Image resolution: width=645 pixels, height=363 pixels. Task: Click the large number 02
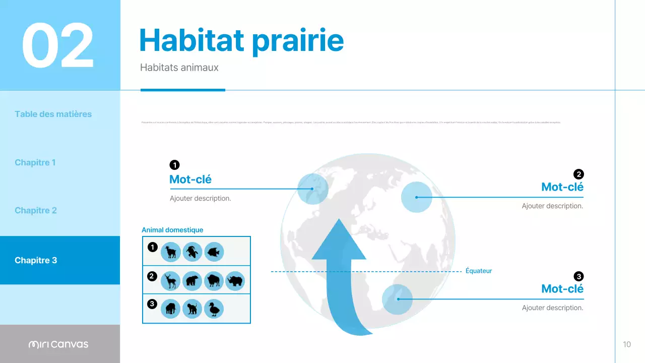(58, 45)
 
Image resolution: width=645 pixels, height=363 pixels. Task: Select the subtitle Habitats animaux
(179, 67)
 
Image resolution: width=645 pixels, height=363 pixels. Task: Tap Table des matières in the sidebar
(53, 114)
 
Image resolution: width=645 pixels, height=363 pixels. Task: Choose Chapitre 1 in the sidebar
(35, 162)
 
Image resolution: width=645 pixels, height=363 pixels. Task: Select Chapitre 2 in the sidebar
(36, 210)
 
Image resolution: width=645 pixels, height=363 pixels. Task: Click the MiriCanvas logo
(58, 344)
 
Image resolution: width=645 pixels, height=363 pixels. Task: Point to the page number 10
(627, 344)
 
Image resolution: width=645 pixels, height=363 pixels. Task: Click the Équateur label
(478, 271)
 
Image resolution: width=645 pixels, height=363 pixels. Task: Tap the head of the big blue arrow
(339, 242)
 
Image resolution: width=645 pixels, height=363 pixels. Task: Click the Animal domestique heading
(172, 230)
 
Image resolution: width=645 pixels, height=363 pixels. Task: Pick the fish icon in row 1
(214, 252)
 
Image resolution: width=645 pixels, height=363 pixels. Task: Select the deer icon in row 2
(170, 281)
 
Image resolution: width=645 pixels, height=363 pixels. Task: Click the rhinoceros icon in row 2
(235, 281)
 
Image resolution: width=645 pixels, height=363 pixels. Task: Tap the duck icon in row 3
(214, 309)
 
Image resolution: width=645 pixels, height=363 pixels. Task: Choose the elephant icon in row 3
(170, 309)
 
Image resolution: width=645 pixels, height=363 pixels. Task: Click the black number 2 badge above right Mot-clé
(578, 174)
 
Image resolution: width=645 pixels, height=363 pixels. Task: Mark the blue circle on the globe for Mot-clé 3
(397, 299)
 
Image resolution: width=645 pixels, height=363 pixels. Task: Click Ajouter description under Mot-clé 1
(201, 198)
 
